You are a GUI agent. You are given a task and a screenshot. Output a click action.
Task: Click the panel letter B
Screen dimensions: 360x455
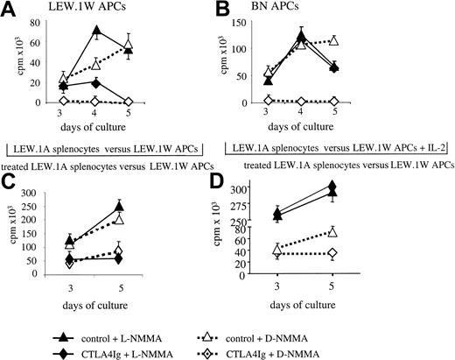coord(234,10)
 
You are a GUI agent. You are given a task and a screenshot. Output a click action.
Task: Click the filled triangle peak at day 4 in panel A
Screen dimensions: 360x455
coord(96,32)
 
